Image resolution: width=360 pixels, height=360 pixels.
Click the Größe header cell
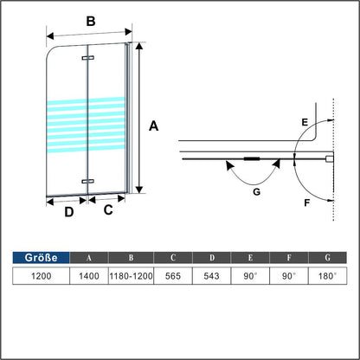[41, 258]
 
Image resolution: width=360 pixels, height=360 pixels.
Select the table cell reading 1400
[89, 276]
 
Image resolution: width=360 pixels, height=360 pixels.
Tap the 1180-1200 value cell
[131, 276]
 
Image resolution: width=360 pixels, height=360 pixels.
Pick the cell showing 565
[173, 276]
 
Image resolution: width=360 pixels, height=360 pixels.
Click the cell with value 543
[212, 276]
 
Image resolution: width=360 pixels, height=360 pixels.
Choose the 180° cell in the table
[327, 276]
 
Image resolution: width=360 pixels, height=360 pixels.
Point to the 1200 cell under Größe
[41, 276]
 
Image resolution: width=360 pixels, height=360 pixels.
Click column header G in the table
[327, 258]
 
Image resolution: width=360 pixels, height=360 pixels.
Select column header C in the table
[173, 258]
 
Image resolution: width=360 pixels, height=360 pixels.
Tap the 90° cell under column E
[250, 276]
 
